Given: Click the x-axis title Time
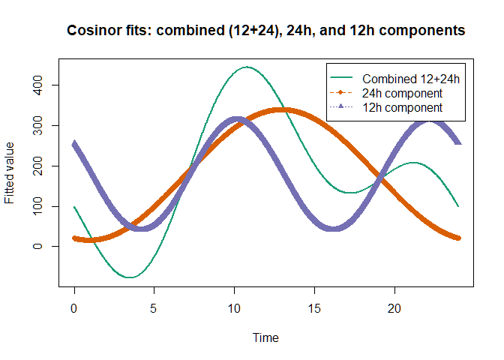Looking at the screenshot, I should pyautogui.click(x=265, y=337).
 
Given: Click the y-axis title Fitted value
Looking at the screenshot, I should pyautogui.click(x=10, y=172).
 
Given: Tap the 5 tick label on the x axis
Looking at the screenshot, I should pyautogui.click(x=154, y=308).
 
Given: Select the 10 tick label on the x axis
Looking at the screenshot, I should pyautogui.click(x=234, y=308).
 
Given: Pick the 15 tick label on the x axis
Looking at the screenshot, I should pyautogui.click(x=314, y=308).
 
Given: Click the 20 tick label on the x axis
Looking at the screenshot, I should pyautogui.click(x=394, y=308).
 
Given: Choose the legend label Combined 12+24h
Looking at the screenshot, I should pyautogui.click(x=410, y=78).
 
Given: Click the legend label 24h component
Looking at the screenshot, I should pyautogui.click(x=401, y=93).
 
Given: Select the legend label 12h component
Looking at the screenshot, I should pyautogui.click(x=401, y=108).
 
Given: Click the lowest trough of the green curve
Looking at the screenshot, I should pyautogui.click(x=130, y=277).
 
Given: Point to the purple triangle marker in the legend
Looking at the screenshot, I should pyautogui.click(x=341, y=108).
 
